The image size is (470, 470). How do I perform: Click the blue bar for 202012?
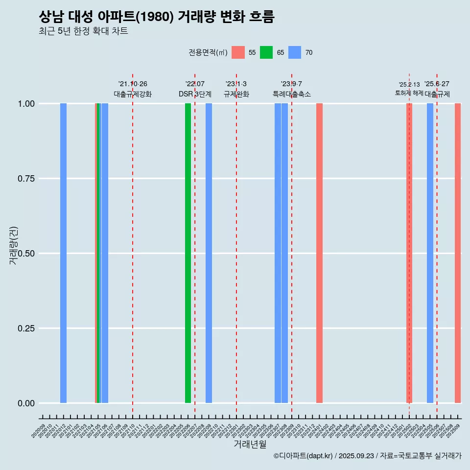click(63, 253)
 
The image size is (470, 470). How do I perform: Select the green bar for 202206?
click(188, 253)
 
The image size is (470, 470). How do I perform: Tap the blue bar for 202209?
click(209, 253)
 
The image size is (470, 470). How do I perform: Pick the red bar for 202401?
click(319, 253)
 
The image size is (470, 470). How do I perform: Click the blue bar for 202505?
click(430, 253)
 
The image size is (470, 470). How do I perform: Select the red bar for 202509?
click(458, 253)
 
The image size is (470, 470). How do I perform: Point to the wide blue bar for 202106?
click(105, 253)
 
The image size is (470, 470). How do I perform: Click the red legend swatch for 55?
click(238, 52)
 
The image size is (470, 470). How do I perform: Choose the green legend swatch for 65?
click(266, 52)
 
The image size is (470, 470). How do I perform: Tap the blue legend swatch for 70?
click(295, 52)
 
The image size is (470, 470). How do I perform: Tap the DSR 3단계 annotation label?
click(195, 94)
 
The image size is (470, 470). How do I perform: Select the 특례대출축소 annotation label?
click(292, 94)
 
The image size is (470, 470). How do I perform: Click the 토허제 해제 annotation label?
click(409, 93)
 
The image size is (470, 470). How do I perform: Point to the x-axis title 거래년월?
click(250, 445)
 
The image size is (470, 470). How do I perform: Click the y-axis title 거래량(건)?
click(14, 245)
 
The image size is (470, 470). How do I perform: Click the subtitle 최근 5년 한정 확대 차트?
click(83, 31)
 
